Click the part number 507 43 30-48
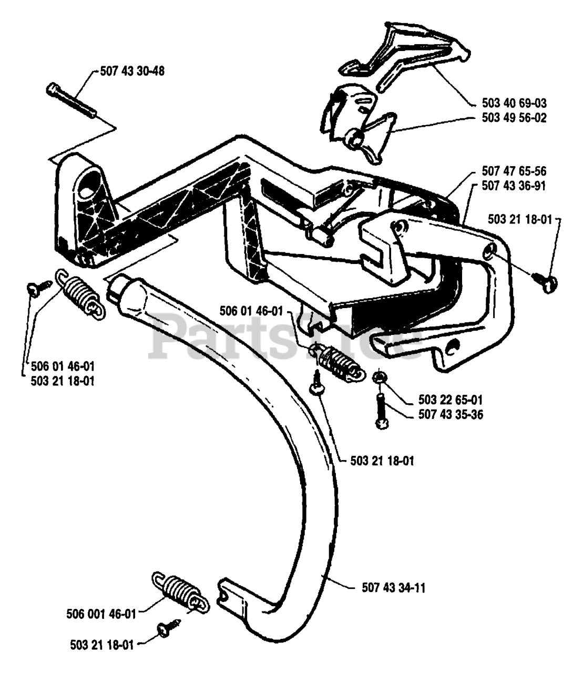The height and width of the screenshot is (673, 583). (132, 72)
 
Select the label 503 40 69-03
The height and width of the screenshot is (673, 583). (514, 104)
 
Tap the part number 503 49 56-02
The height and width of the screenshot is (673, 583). (514, 118)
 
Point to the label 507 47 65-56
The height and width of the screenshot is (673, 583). (514, 171)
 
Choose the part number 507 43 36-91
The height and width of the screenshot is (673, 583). (514, 186)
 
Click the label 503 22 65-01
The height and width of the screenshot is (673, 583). (451, 400)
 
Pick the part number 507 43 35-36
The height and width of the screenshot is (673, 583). (451, 415)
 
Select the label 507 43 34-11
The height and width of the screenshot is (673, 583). (394, 588)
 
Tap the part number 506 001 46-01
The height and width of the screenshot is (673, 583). (101, 615)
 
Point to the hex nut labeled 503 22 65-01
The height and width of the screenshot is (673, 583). (379, 377)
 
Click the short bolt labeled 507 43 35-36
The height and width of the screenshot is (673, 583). (382, 411)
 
